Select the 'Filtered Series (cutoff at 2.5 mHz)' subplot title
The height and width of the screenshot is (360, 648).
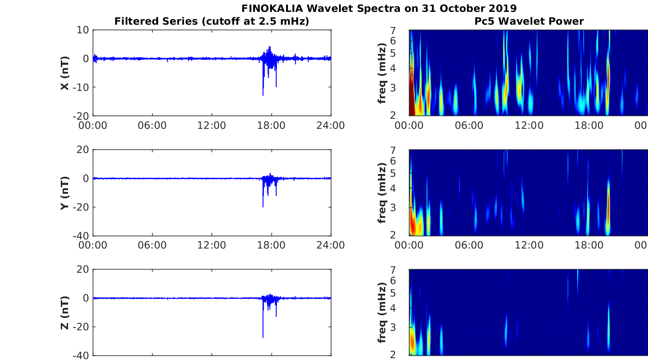click(212, 21)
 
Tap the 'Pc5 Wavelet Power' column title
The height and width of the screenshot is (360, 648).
click(529, 21)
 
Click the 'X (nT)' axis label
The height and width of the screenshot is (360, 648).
click(64, 73)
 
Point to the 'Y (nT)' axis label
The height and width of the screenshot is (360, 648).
click(64, 193)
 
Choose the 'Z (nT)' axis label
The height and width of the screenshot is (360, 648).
click(64, 312)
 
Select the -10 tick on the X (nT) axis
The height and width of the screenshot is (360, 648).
click(80, 87)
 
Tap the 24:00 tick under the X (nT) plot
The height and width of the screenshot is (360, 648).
click(331, 125)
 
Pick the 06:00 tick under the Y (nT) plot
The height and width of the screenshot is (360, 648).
click(152, 245)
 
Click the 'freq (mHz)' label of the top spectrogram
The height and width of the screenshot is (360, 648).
click(382, 73)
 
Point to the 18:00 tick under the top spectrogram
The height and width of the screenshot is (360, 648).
click(589, 125)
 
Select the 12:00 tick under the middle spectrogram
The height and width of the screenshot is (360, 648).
click(529, 245)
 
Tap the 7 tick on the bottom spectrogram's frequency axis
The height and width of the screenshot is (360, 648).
click(403, 270)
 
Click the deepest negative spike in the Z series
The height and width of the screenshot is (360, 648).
click(263, 337)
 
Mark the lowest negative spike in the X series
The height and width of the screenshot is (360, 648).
click(263, 95)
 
